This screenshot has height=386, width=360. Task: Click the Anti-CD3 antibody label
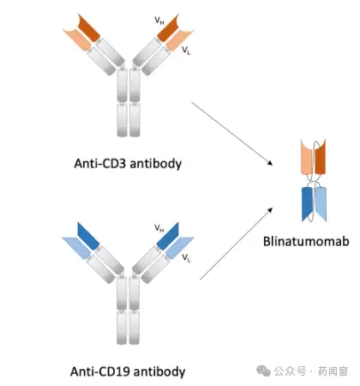click(x=128, y=164)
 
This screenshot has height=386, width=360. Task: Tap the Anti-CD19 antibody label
click(x=128, y=371)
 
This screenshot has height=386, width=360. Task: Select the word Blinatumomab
click(x=306, y=241)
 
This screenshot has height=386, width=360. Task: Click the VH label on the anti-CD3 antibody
click(x=159, y=21)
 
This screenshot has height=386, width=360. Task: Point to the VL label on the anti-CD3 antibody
click(x=186, y=51)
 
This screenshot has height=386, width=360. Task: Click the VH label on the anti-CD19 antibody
click(x=159, y=228)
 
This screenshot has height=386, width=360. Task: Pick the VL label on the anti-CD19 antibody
click(x=186, y=258)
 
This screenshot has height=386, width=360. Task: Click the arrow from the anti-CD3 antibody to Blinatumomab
click(x=232, y=134)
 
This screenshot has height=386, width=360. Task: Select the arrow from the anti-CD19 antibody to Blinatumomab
click(x=236, y=244)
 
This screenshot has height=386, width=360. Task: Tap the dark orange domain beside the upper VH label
click(x=169, y=28)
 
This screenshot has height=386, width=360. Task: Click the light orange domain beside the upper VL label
click(x=179, y=40)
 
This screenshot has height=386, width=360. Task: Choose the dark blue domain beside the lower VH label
click(x=168, y=235)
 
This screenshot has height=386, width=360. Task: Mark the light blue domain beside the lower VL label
click(x=179, y=248)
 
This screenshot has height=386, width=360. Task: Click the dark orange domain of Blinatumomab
click(x=321, y=157)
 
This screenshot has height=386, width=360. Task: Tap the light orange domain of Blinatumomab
click(x=306, y=157)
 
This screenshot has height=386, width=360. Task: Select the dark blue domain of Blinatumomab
click(x=307, y=203)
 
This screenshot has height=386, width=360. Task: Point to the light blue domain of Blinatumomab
click(x=321, y=203)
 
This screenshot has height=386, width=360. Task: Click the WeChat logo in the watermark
click(x=263, y=371)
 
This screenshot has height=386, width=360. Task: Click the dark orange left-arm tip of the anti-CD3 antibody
click(x=88, y=28)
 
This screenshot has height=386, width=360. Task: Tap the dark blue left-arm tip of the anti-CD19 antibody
click(x=88, y=235)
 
